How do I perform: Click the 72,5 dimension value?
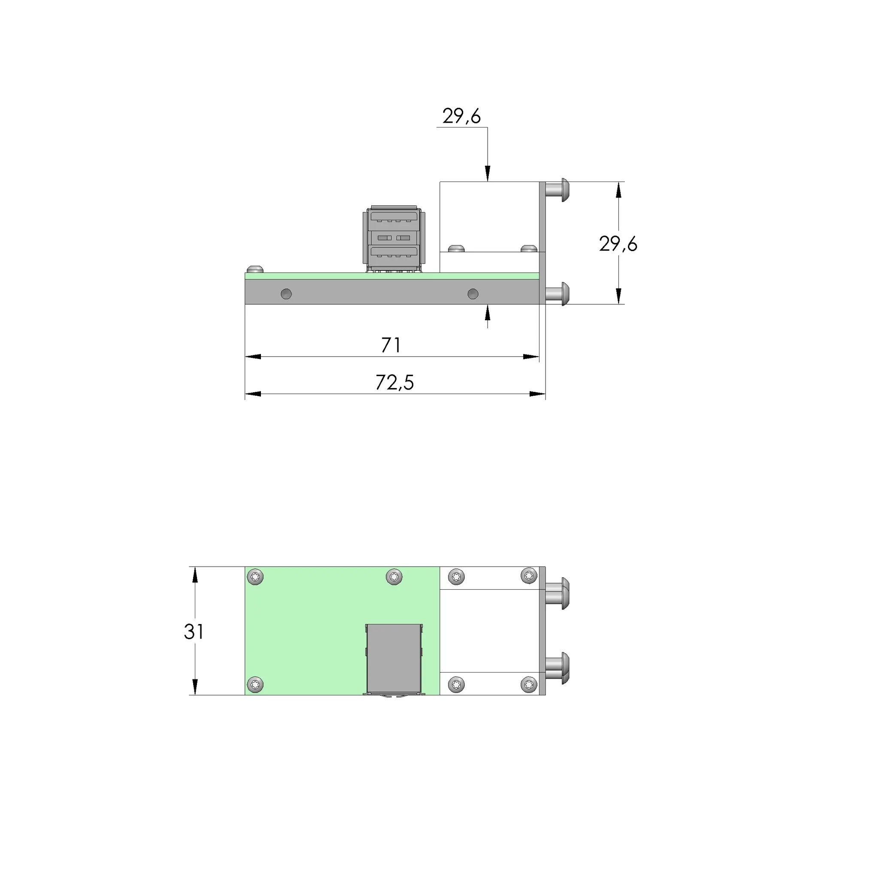[394, 382]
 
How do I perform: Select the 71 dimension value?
[391, 346]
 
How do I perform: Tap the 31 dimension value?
[194, 631]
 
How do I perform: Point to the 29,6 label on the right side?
[618, 244]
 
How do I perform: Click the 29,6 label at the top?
[461, 116]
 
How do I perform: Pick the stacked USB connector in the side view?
[394, 239]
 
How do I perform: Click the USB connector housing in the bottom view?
[394, 659]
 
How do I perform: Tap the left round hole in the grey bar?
[286, 294]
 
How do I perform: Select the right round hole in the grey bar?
[473, 294]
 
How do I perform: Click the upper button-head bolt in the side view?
[557, 190]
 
